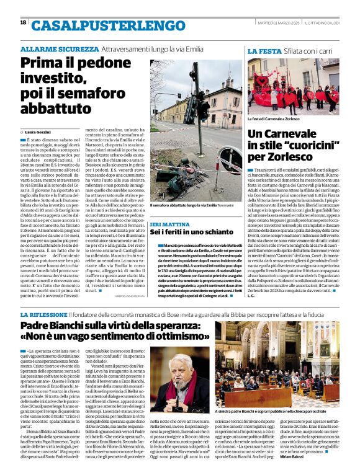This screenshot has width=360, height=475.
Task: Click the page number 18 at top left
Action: click(23, 23)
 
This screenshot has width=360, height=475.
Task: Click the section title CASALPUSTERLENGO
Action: click(104, 25)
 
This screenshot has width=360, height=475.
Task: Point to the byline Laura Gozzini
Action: click(38, 132)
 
